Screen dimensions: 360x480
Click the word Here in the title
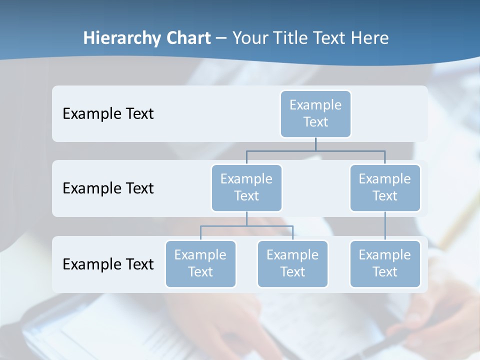tap(370, 38)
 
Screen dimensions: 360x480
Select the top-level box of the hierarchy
tap(315, 113)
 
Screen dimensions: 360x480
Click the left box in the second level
tap(246, 187)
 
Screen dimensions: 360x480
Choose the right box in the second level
tap(385, 187)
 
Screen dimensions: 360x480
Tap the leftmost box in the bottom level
tap(200, 263)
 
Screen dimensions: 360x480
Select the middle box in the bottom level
tap(292, 263)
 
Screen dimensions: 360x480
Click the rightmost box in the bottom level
tap(385, 263)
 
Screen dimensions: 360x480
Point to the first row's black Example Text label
tap(108, 113)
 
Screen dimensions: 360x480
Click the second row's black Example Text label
tap(108, 188)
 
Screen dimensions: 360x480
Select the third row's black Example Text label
tap(108, 264)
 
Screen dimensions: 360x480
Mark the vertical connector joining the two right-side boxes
tap(385, 226)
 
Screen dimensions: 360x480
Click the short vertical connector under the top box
tap(315, 144)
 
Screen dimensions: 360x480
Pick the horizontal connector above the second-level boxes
tap(315, 150)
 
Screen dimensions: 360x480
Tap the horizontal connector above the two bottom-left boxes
tap(246, 226)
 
